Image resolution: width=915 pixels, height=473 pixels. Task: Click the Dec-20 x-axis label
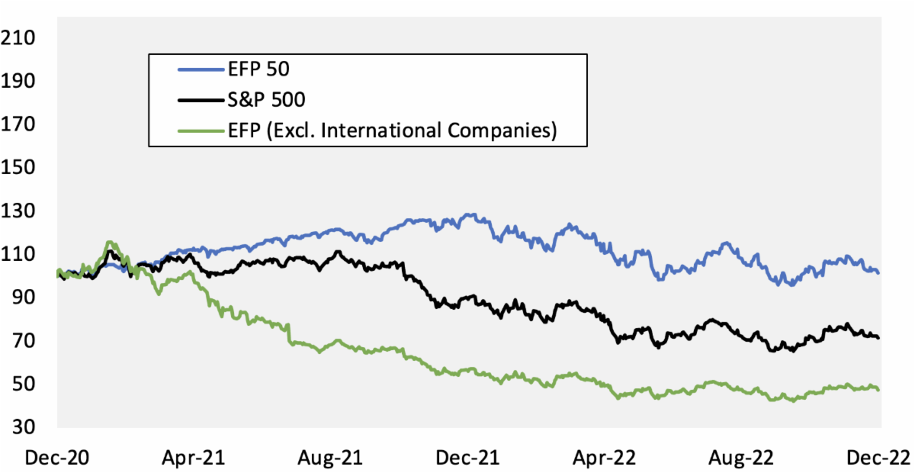pyautogui.click(x=56, y=458)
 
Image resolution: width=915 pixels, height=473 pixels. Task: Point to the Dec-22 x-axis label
pyautogui.click(x=880, y=458)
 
